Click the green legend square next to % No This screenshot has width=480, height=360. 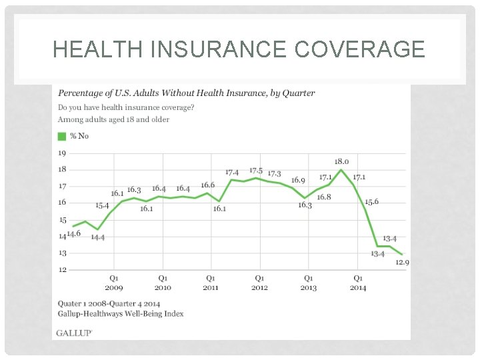[x=62, y=136]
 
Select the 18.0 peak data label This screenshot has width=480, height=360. [x=341, y=161]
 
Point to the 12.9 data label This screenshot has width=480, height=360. [x=402, y=263]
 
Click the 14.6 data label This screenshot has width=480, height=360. [x=73, y=233]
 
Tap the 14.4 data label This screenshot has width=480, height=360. [x=98, y=237]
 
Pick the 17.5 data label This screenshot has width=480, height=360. [x=257, y=171]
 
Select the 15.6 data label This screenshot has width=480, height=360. [x=371, y=201]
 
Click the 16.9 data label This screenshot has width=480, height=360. [x=298, y=181]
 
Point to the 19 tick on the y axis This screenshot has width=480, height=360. [x=61, y=153]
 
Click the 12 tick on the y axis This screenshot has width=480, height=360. [x=61, y=269]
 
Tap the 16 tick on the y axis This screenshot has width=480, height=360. [x=61, y=203]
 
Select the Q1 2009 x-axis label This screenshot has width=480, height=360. [x=114, y=283]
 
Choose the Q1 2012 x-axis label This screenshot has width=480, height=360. [x=259, y=283]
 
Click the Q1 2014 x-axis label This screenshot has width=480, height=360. [x=357, y=283]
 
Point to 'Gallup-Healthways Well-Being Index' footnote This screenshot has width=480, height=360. [x=121, y=313]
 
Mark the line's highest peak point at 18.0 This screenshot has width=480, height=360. [x=341, y=170]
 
